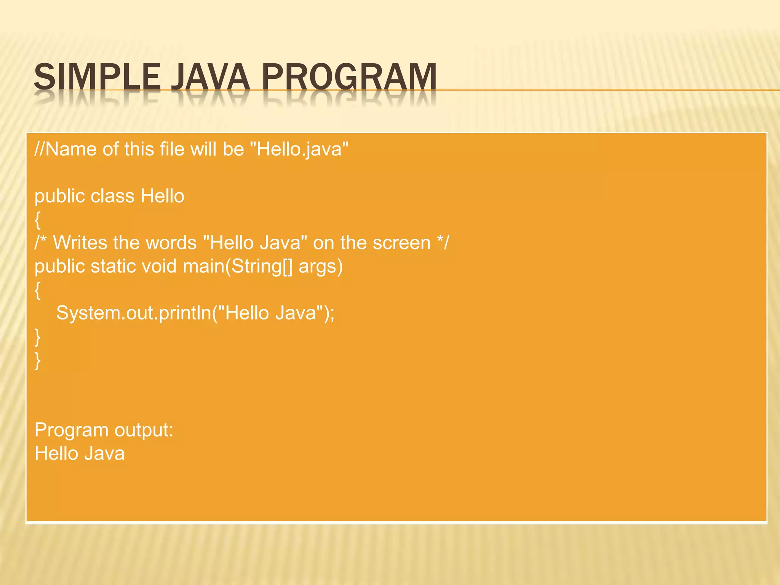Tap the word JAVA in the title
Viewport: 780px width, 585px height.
point(210,77)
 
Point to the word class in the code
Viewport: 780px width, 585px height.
point(112,196)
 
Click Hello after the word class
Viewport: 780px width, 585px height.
point(163,196)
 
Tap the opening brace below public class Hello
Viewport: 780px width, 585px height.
point(37,220)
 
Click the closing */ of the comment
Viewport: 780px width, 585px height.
point(443,242)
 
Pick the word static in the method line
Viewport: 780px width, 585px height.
point(113,266)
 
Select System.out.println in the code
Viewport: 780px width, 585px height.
point(133,313)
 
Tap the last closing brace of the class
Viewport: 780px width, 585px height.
point(37,360)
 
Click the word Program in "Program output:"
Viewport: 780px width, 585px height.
point(72,431)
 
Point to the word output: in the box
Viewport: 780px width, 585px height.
point(144,431)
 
